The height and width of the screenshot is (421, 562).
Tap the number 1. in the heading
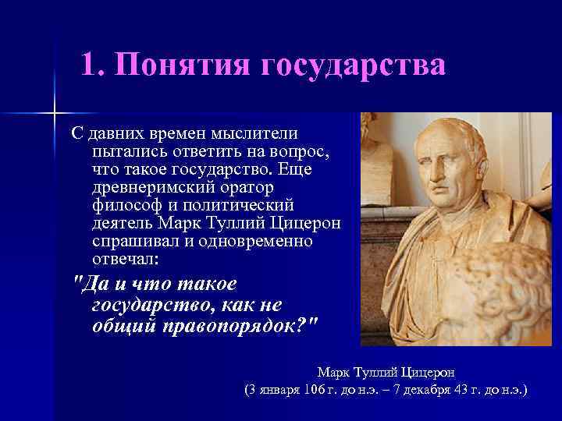click(x=92, y=65)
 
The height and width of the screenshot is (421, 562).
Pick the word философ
click(x=124, y=205)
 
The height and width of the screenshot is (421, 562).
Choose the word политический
click(x=242, y=205)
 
